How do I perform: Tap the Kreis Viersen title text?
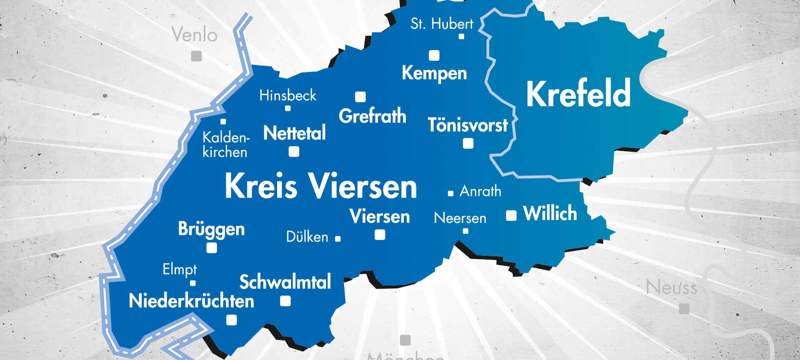point(320,186)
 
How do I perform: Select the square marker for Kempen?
point(434,55)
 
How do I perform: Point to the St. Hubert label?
point(442,24)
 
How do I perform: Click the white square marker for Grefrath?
point(360,97)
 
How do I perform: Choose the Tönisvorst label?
point(467,125)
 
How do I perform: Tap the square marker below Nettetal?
point(294,152)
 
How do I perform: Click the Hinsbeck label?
point(287,95)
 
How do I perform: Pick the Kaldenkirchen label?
point(225,145)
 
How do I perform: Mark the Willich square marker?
point(511,215)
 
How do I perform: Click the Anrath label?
point(480,191)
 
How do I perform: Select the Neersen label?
point(460,218)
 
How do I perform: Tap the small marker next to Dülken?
point(338,239)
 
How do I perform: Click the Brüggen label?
point(211,229)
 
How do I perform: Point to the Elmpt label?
point(180,270)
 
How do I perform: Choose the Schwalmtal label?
point(285,282)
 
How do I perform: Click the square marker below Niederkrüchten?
point(232,320)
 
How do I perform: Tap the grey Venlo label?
point(195,35)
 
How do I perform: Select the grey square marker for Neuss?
point(684,309)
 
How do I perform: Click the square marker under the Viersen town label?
point(380,235)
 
